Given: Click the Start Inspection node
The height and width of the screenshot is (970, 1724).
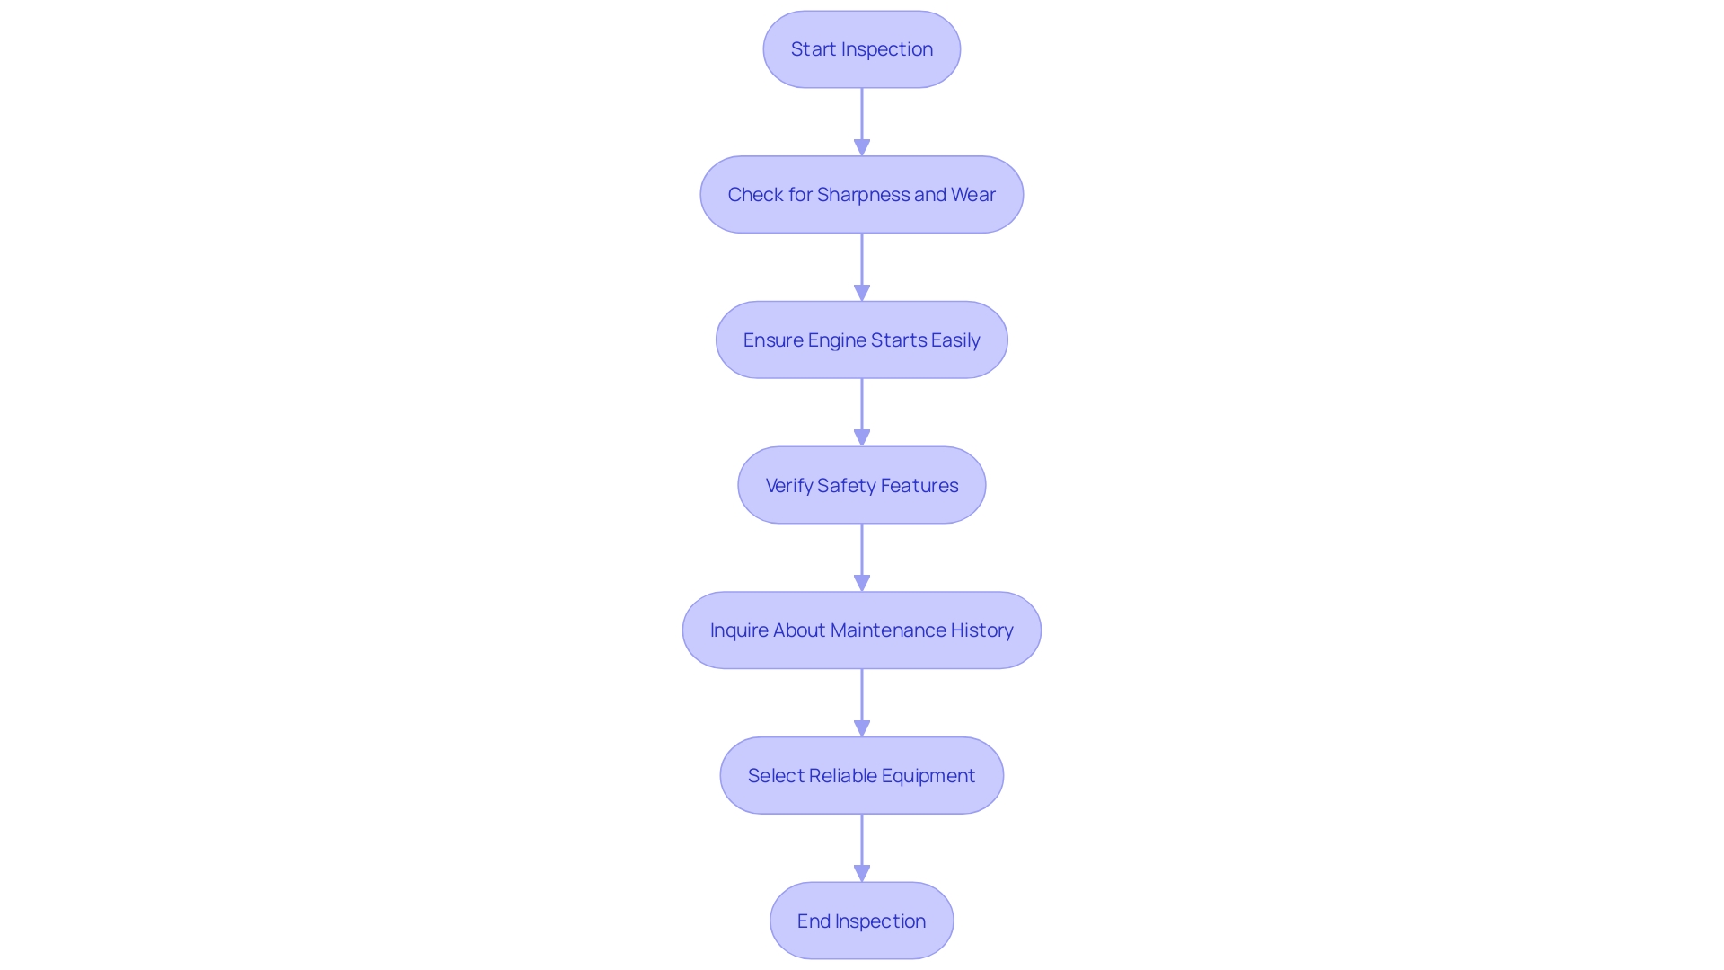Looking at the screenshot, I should tap(861, 49).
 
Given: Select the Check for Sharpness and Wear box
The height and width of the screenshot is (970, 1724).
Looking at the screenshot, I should tap(861, 195).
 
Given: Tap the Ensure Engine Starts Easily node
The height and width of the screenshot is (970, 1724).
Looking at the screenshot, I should tap(861, 340).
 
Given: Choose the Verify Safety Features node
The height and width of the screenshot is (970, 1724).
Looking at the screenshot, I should tap(861, 486).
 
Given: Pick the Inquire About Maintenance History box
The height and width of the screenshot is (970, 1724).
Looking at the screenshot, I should tap(861, 630).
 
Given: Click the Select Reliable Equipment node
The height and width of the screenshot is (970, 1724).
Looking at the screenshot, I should tap(861, 776).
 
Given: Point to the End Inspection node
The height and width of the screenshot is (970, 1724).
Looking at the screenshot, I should tap(861, 921).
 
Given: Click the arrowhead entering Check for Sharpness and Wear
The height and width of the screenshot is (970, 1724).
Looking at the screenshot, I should tap(862, 148).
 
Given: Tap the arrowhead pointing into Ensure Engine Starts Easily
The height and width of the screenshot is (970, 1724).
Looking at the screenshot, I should tap(862, 294).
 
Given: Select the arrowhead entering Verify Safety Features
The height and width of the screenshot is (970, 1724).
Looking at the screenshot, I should tap(862, 438).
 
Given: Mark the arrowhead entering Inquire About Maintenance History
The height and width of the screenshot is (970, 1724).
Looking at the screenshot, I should tap(862, 584).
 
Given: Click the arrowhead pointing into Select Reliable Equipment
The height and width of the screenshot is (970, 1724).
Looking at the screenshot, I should tap(862, 729).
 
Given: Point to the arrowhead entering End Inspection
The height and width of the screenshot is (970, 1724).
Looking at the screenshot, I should tap(862, 874).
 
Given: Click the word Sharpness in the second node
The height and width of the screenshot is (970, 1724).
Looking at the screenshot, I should tap(863, 195).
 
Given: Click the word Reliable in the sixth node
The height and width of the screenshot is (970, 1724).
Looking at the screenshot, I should tap(843, 776).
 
